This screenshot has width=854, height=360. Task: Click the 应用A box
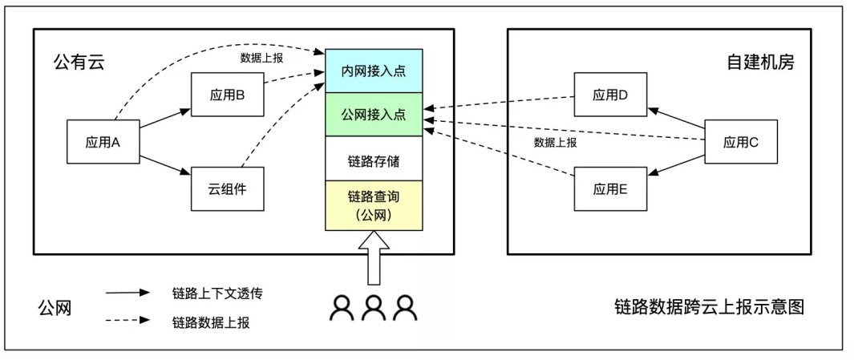pyautogui.click(x=102, y=143)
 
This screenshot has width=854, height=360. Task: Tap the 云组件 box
pyautogui.click(x=227, y=189)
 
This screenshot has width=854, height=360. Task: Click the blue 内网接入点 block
pyautogui.click(x=373, y=71)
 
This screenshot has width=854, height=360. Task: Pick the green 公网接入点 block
pyautogui.click(x=373, y=114)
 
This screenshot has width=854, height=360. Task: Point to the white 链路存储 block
pyautogui.click(x=373, y=160)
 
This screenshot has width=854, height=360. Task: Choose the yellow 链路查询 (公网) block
pyautogui.click(x=373, y=204)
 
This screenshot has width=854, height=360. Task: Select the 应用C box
pyautogui.click(x=740, y=143)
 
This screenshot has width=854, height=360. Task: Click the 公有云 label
pyautogui.click(x=79, y=62)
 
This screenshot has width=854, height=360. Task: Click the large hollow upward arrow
pyautogui.click(x=374, y=257)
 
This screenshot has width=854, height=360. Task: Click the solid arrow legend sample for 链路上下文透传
pyautogui.click(x=128, y=293)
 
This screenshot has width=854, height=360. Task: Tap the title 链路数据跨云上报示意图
pyautogui.click(x=708, y=307)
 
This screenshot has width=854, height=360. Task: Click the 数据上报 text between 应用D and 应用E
pyautogui.click(x=555, y=143)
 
